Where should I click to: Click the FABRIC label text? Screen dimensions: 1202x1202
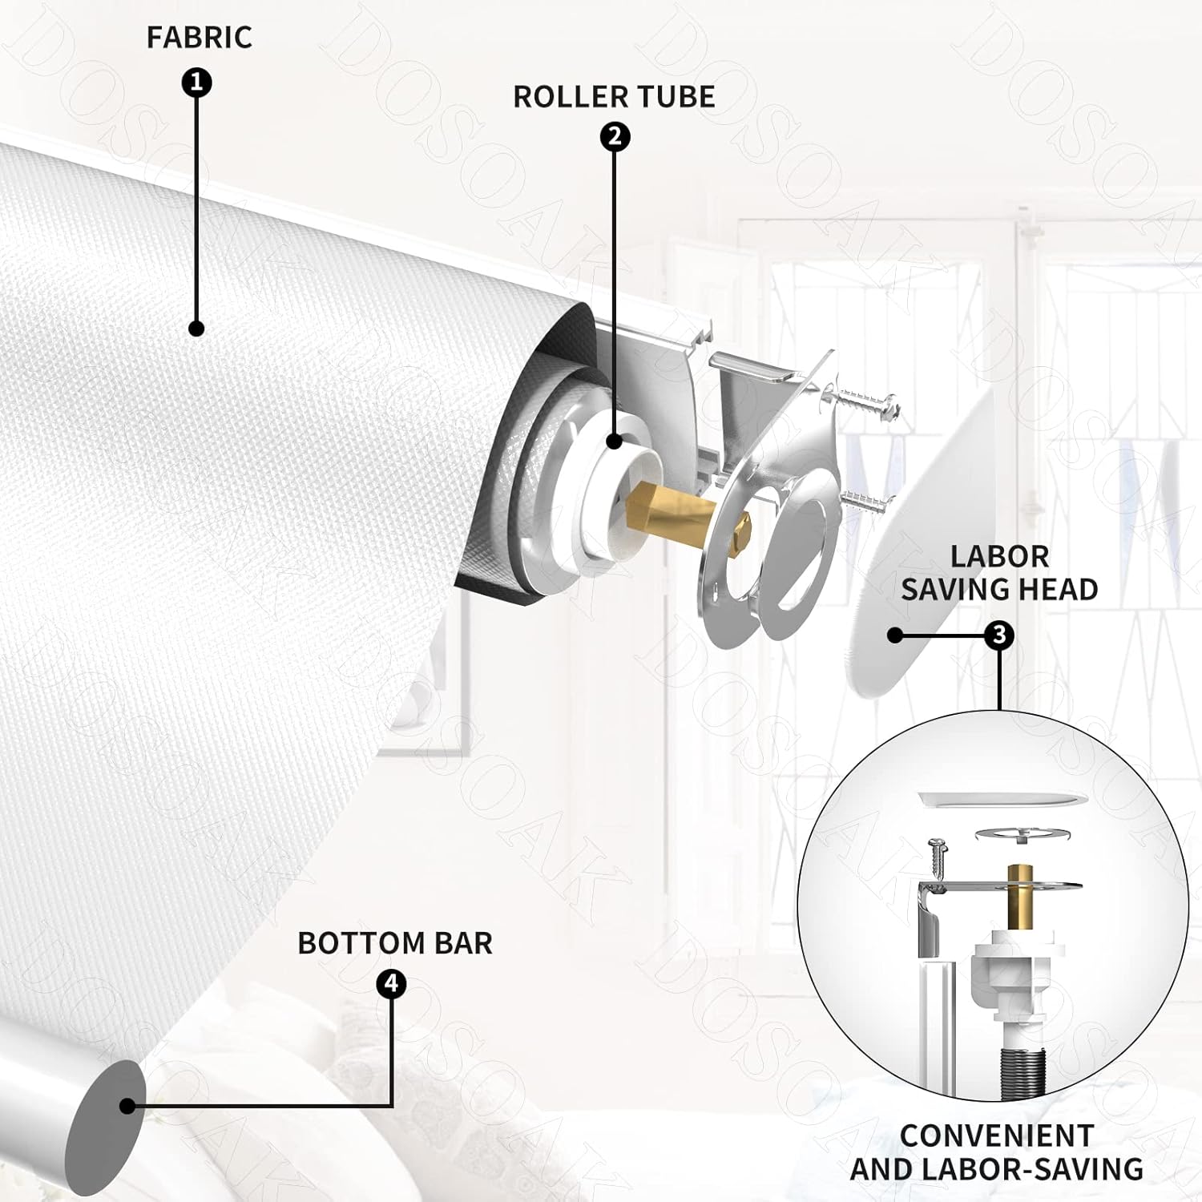199,37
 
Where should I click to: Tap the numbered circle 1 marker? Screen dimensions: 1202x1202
197,83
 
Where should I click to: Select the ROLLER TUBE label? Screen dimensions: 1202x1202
614,96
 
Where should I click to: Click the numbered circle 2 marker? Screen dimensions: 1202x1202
615,137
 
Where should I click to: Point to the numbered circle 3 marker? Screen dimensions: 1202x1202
999,635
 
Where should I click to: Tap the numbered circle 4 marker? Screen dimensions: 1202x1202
391,984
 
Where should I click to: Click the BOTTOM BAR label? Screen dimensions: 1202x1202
395,943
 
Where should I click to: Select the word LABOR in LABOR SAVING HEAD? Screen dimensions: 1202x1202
999,556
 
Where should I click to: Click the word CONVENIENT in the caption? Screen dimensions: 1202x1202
997,1135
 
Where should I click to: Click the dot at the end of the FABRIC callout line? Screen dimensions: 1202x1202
196,328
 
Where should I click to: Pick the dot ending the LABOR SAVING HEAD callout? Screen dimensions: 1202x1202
895,635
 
